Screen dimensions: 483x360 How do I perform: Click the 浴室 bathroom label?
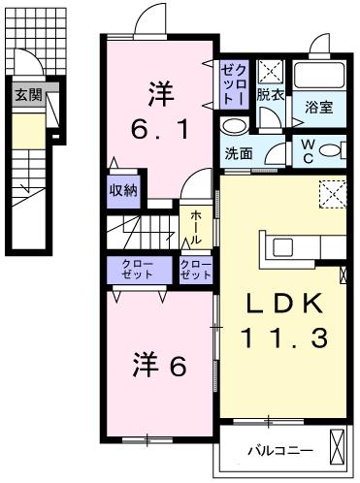pos(319,107)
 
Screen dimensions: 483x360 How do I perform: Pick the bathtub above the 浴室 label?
pos(320,78)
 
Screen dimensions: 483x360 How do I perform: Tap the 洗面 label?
pos(239,152)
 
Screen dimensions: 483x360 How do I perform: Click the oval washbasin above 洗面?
pos(234,127)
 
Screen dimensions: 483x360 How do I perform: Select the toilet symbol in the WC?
pos(330,150)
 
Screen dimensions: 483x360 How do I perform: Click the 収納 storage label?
pos(122,189)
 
